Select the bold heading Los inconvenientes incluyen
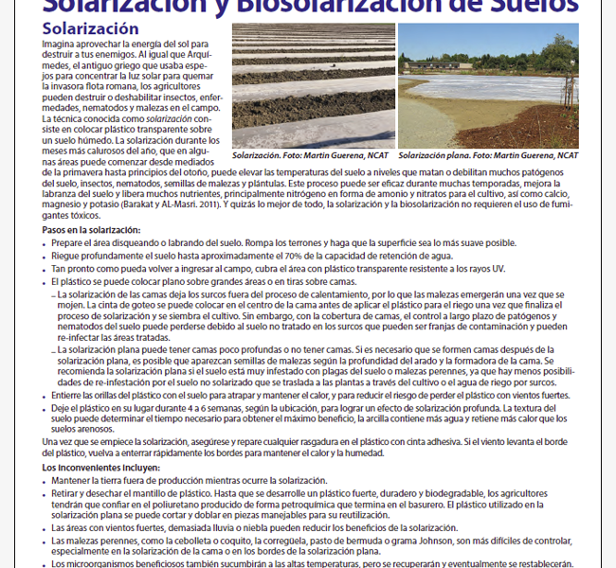(x=101, y=469)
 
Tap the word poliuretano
(x=190, y=504)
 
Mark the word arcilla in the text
(x=438, y=418)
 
